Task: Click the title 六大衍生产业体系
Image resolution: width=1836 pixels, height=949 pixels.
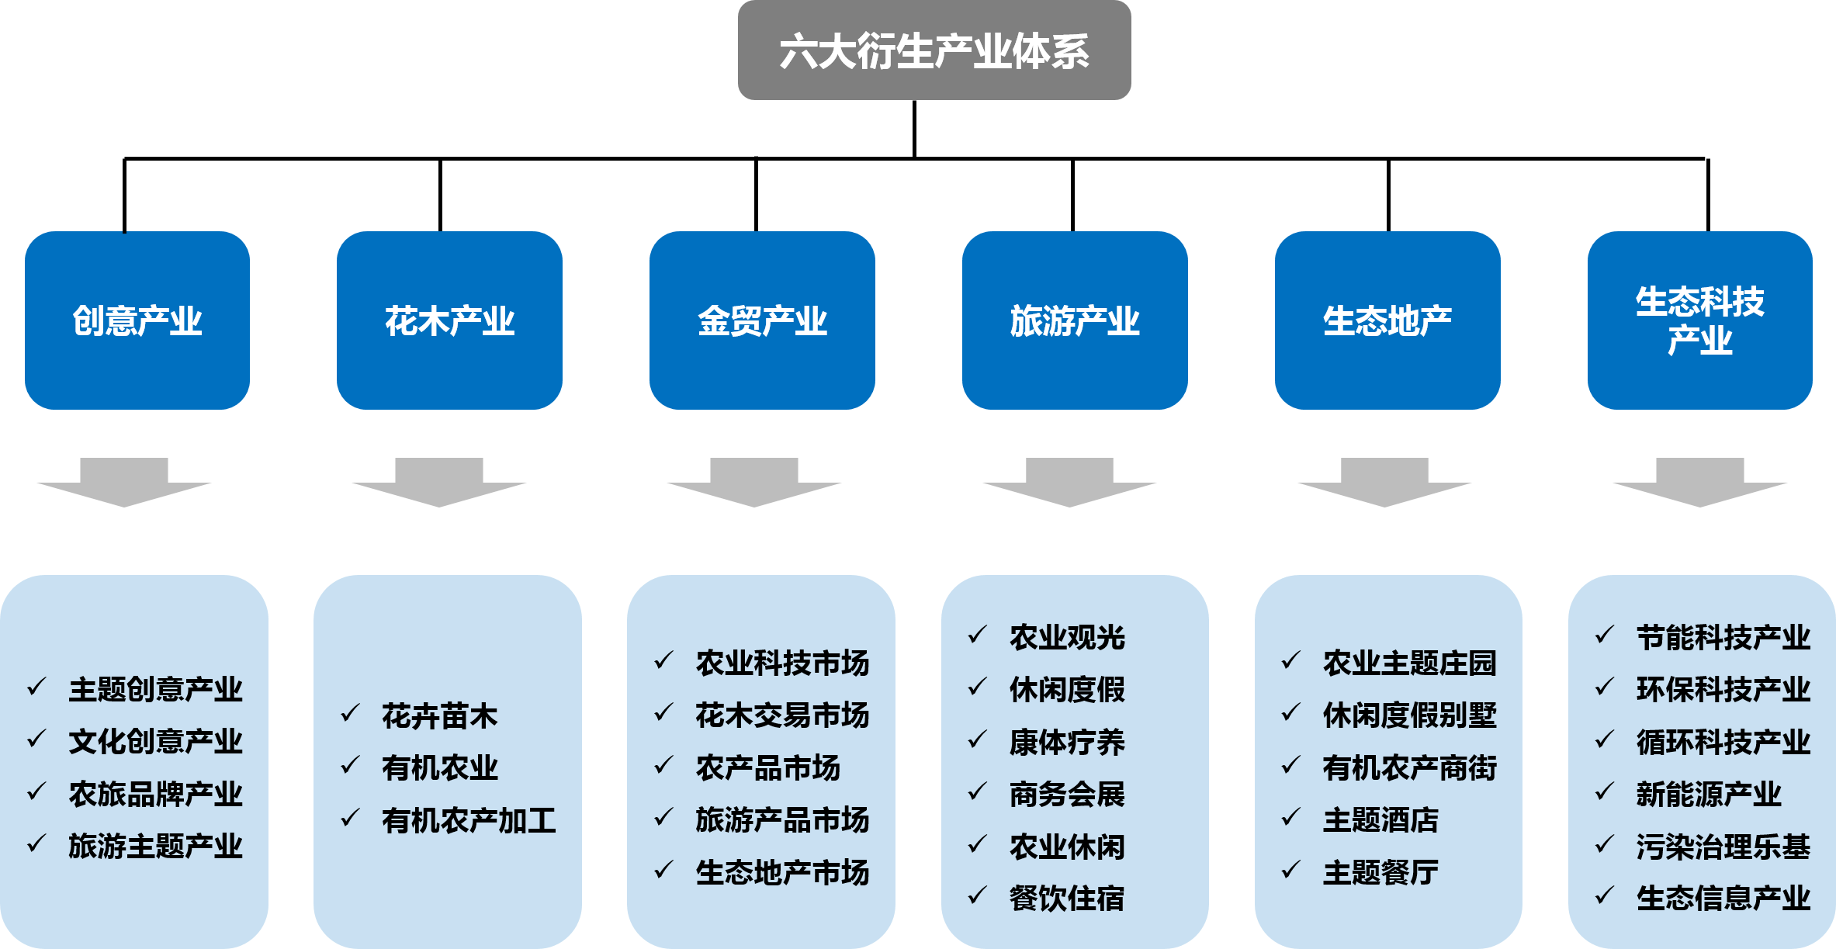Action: point(934,51)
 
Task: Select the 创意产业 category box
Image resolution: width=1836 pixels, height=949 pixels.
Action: point(137,320)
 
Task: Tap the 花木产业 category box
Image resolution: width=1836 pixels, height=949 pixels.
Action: point(449,320)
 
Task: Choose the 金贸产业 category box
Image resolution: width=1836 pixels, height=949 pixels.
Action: point(762,320)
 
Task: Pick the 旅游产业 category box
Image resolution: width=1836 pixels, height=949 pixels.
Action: point(1075,320)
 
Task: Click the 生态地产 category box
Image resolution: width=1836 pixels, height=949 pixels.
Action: point(1387,320)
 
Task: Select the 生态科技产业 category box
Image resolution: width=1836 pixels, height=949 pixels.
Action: point(1699,320)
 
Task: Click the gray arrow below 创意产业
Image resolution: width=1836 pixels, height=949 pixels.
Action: point(124,481)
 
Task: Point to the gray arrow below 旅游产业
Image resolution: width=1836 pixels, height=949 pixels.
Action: point(1069,481)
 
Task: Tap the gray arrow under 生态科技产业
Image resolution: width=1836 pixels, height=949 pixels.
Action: point(1700,481)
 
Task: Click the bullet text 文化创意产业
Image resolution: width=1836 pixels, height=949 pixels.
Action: point(155,742)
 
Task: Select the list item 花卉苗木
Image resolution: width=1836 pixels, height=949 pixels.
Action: point(439,716)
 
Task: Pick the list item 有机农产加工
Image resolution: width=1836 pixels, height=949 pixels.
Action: point(469,821)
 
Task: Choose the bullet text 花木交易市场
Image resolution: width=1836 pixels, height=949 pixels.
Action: point(782,715)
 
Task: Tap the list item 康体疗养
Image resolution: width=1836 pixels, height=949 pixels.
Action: point(1067,743)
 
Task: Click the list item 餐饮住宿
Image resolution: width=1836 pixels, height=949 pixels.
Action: point(1067,899)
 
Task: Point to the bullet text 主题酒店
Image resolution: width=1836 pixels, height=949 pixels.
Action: point(1380,820)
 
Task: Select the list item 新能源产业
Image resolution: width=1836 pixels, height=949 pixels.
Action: point(1709,795)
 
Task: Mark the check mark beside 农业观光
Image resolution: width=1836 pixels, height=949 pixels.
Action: point(977,636)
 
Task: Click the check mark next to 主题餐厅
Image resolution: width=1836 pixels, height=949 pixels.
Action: point(1290,871)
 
